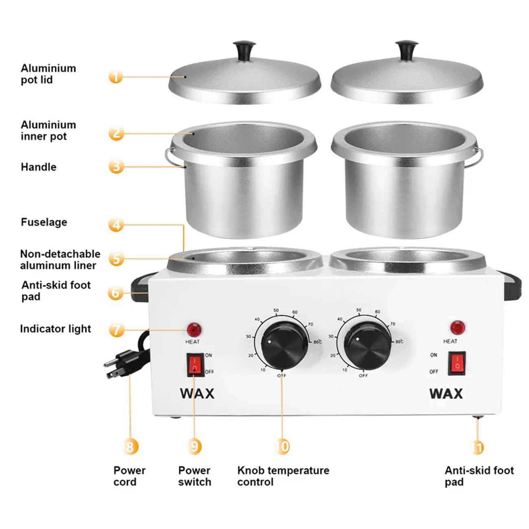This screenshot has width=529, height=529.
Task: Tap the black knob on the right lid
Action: (x=405, y=49)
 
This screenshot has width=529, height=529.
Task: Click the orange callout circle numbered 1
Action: (x=116, y=77)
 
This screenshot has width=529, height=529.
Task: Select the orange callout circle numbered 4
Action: (x=116, y=224)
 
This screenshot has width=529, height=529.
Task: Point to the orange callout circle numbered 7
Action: (x=116, y=329)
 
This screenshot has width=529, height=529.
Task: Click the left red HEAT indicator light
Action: (x=194, y=329)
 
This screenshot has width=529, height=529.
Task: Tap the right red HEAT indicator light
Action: (x=458, y=327)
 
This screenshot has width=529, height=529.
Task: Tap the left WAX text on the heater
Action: (x=197, y=393)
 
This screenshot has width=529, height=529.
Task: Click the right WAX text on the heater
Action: (x=446, y=393)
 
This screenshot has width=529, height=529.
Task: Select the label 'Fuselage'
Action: (x=44, y=222)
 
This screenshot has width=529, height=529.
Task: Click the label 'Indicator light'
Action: (x=55, y=329)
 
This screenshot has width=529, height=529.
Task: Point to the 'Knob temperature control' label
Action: (x=283, y=476)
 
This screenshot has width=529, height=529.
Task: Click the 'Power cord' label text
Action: (x=129, y=476)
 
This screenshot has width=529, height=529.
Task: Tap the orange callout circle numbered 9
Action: (x=195, y=446)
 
